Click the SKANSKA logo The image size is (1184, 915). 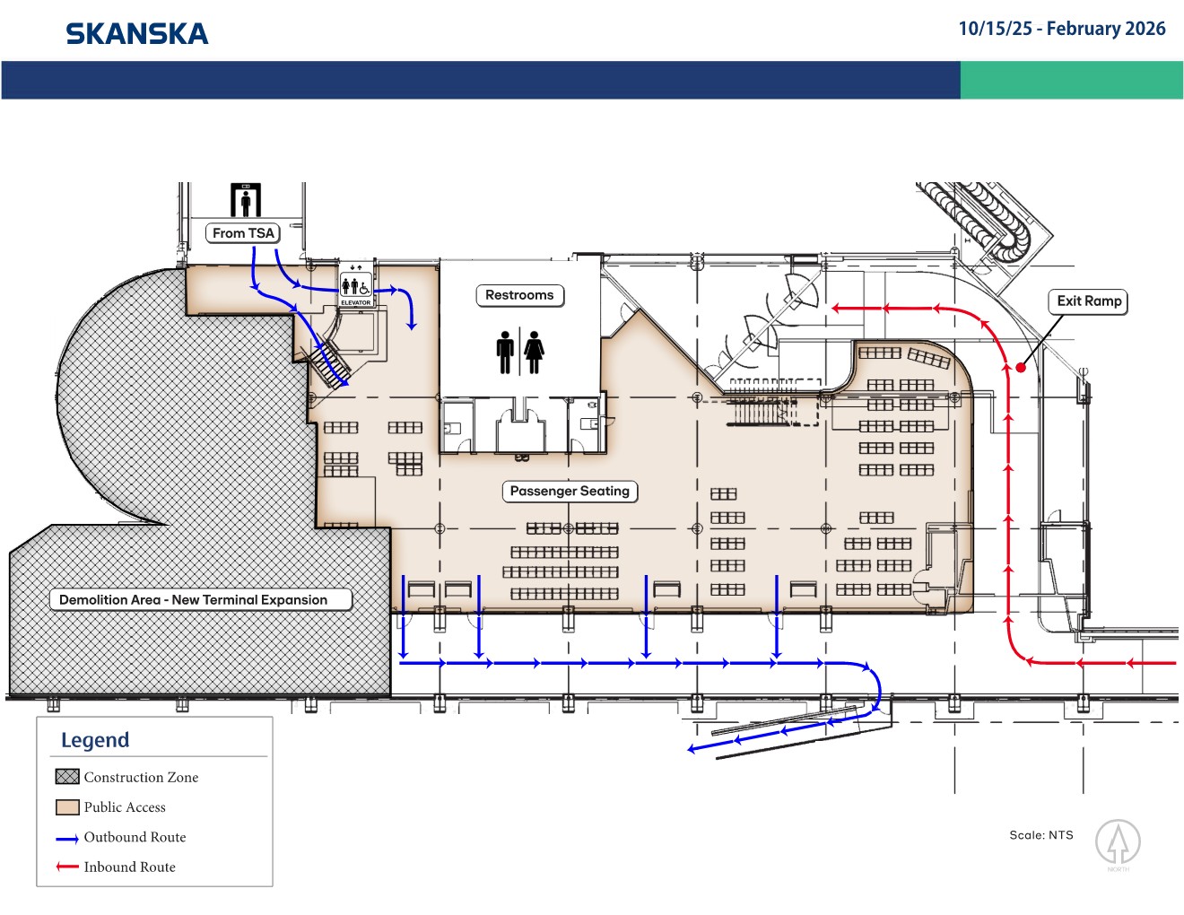click(x=136, y=34)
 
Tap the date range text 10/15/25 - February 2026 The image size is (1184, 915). click(x=1062, y=29)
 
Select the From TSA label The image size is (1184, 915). click(x=243, y=233)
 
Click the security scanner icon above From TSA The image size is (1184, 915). click(x=246, y=200)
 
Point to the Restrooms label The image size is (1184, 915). click(x=520, y=295)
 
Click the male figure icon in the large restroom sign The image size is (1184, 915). click(x=505, y=353)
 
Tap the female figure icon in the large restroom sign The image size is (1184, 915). click(x=534, y=353)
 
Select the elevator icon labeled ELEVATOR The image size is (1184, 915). click(x=356, y=287)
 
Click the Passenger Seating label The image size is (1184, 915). click(x=570, y=491)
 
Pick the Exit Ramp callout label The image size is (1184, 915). click(x=1088, y=301)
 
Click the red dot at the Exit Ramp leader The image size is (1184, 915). click(x=1021, y=368)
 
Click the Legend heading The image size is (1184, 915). click(x=95, y=740)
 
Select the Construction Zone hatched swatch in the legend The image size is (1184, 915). click(x=67, y=777)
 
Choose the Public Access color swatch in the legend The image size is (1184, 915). click(x=67, y=807)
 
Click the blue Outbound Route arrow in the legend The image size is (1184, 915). click(x=67, y=839)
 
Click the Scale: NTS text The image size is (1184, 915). click(x=1041, y=835)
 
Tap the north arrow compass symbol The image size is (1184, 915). click(x=1118, y=842)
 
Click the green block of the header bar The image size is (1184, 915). click(x=1071, y=80)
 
